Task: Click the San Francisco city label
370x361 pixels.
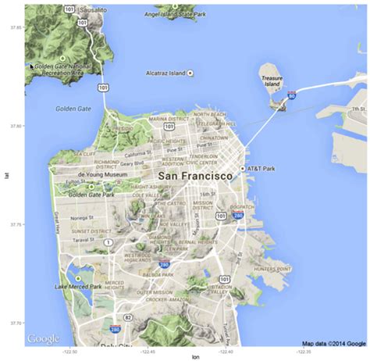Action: pyautogui.click(x=195, y=177)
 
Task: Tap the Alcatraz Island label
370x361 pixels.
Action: pyautogui.click(x=165, y=73)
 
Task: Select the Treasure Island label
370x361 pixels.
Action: pyautogui.click(x=272, y=81)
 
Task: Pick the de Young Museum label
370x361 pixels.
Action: pyautogui.click(x=102, y=174)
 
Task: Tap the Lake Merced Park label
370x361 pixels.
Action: pyautogui.click(x=78, y=287)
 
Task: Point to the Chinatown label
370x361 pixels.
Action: pyautogui.click(x=213, y=138)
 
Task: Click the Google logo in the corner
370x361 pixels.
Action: pyautogui.click(x=42, y=338)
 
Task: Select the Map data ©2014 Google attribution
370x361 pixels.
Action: pyautogui.click(x=333, y=342)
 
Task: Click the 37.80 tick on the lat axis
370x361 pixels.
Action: pyautogui.click(x=15, y=125)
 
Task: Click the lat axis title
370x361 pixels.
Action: pyautogui.click(x=5, y=176)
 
